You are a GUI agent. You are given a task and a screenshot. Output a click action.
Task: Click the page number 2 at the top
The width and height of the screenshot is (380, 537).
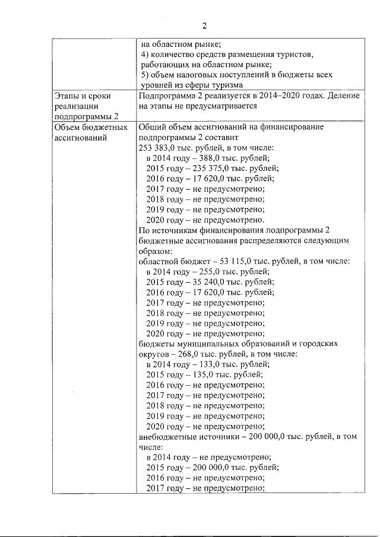204,26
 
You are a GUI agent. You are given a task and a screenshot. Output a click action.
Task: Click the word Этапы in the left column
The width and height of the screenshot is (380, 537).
67,96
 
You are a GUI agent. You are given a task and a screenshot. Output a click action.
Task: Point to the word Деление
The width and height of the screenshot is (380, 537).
341,96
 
